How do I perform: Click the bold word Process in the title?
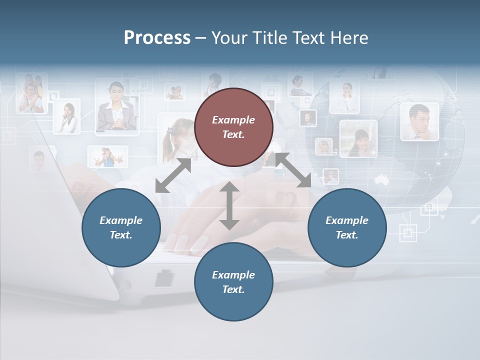157,38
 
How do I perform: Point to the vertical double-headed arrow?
229,205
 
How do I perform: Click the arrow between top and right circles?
293,170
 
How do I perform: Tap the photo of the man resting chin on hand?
419,121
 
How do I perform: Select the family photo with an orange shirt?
31,93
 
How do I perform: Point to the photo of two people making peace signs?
107,156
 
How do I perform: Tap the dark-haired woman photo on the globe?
358,138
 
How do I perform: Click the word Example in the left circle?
121,220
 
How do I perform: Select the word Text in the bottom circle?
232,289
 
